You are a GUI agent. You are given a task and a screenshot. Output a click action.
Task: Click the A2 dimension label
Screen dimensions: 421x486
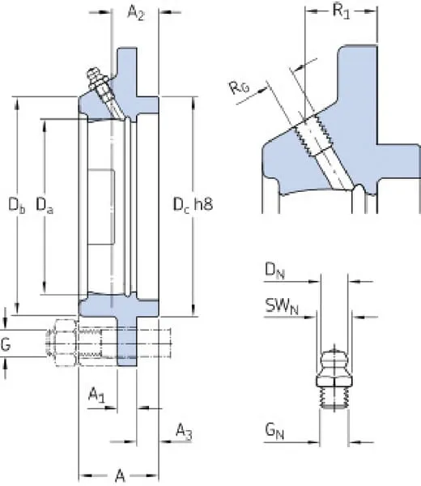pyautogui.click(x=136, y=13)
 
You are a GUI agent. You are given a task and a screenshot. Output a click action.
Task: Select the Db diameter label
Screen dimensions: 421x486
pyautogui.click(x=17, y=205)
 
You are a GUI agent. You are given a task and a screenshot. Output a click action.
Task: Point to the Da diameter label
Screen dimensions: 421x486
pyautogui.click(x=45, y=205)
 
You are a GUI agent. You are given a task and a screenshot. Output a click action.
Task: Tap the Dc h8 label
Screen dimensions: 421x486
pyautogui.click(x=193, y=205)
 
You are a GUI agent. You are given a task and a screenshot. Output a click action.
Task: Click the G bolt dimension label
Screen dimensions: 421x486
pyautogui.click(x=6, y=344)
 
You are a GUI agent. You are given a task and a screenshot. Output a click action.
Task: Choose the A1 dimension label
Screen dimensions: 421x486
pyautogui.click(x=96, y=395)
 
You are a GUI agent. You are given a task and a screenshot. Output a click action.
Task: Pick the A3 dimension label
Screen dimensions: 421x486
pyautogui.click(x=184, y=432)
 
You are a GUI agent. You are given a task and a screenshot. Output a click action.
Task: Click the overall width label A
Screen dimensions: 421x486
pyautogui.click(x=120, y=475)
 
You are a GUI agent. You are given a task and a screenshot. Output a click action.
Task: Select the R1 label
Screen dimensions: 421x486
pyautogui.click(x=341, y=11)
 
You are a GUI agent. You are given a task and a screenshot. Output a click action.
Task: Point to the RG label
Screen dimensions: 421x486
pyautogui.click(x=239, y=87)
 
